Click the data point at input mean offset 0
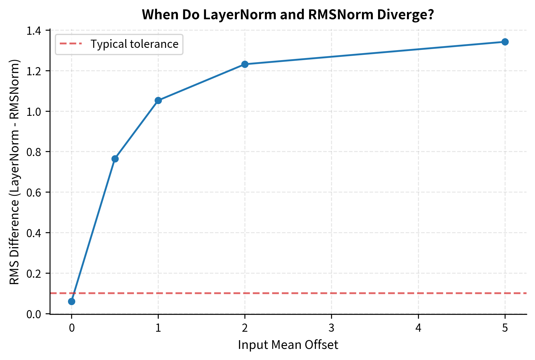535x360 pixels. point(71,301)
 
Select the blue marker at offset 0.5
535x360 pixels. point(115,159)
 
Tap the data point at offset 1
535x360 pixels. point(158,100)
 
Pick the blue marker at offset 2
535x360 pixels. point(245,64)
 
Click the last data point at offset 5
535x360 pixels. point(505,42)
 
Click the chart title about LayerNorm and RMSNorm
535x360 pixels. point(288,15)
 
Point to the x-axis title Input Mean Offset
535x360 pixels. point(288,345)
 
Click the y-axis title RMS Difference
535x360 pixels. point(14,172)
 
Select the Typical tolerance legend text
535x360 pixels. point(134,44)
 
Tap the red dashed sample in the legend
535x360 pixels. point(71,44)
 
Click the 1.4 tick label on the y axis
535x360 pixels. point(34,31)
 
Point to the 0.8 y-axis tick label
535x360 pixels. point(34,152)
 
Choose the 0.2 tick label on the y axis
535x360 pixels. point(34,274)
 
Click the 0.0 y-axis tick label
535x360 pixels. point(34,314)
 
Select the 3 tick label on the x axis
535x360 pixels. point(331,328)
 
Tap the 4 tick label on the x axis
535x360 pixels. point(418,328)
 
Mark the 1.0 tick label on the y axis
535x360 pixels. point(34,111)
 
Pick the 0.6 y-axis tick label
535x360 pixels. point(34,193)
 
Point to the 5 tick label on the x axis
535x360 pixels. point(505,328)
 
